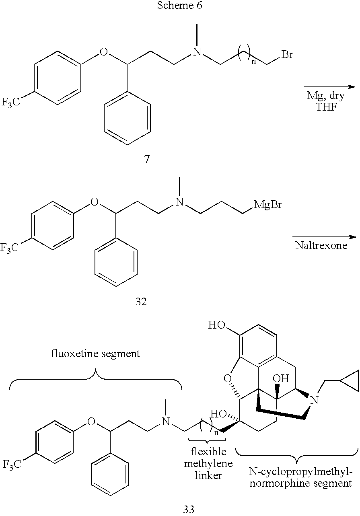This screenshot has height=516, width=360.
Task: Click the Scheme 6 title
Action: (x=180, y=5)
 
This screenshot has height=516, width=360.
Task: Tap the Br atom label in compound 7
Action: (x=287, y=55)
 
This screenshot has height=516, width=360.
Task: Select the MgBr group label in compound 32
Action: (x=268, y=204)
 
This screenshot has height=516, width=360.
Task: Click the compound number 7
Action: (x=147, y=159)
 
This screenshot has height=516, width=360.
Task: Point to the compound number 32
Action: (x=141, y=302)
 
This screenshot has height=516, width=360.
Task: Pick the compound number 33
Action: (x=189, y=509)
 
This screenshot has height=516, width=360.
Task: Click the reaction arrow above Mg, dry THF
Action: (x=330, y=87)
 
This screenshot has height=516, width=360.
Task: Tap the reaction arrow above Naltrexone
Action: (x=325, y=237)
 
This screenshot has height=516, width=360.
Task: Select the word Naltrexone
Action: (x=321, y=246)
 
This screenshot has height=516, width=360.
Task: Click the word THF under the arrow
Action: (x=326, y=107)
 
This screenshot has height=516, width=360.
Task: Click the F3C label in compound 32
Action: (x=9, y=248)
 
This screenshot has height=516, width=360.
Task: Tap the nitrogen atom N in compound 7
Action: (x=197, y=52)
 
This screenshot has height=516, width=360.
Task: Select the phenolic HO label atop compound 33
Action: (x=216, y=325)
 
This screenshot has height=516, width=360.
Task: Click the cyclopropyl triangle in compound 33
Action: (x=350, y=380)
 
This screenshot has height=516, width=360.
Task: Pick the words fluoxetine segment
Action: (x=95, y=354)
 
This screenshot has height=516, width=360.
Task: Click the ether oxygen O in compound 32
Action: (x=95, y=202)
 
